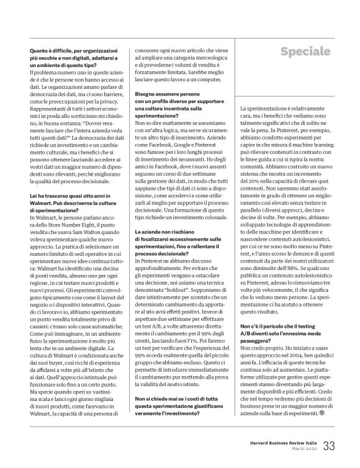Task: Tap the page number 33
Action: (328, 446)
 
